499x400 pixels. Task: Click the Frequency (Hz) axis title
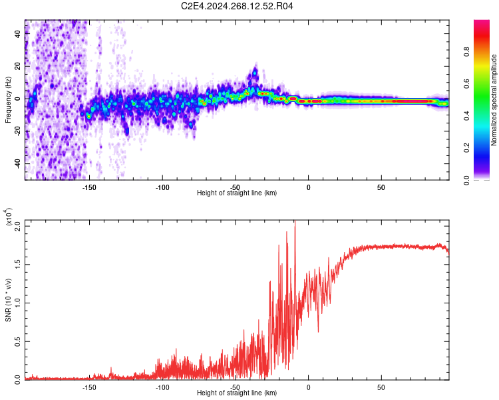coord(8,99)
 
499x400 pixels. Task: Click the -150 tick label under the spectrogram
coord(89,187)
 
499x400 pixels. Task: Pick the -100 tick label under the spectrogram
coord(162,187)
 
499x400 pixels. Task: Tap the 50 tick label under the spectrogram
coord(381,187)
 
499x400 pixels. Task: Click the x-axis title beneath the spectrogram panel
coord(237,193)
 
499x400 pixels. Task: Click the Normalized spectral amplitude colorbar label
coord(494,100)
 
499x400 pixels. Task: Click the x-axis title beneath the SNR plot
coord(237,393)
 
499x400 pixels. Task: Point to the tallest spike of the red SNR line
coord(295,223)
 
